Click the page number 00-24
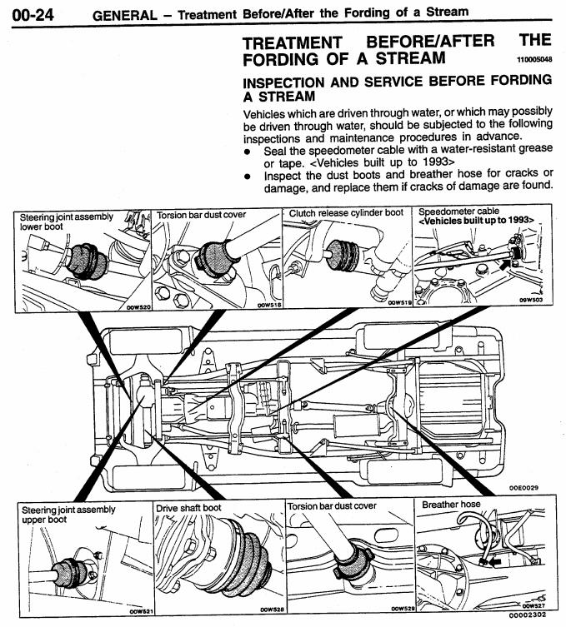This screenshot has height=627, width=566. (x=34, y=13)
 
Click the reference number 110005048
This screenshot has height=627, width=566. (x=534, y=61)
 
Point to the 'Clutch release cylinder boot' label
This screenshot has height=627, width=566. (x=346, y=213)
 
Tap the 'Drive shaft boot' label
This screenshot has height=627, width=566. (x=188, y=507)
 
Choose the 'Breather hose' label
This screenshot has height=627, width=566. (x=451, y=505)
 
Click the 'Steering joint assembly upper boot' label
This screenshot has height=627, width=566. (x=57, y=514)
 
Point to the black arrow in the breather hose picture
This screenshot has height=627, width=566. (x=496, y=561)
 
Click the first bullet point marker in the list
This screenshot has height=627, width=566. (x=247, y=148)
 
